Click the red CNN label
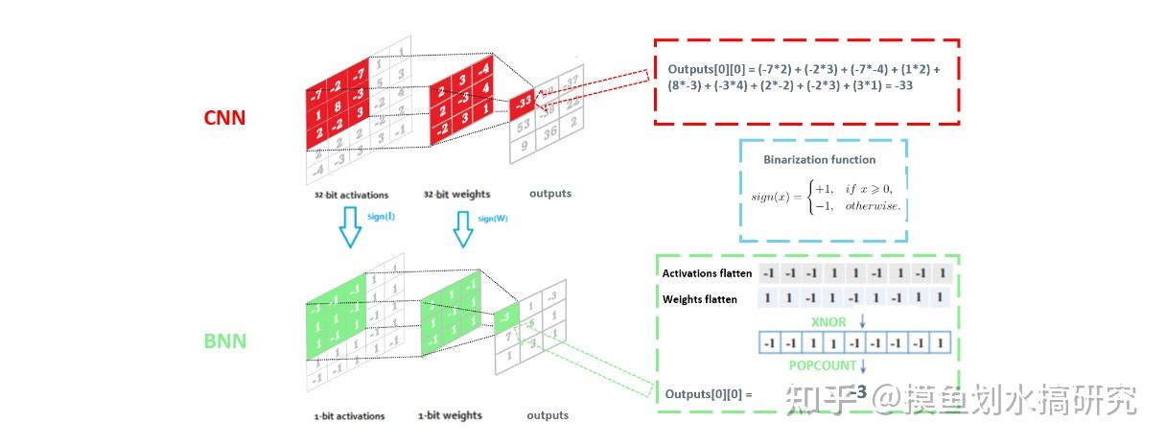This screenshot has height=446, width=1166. click(x=224, y=118)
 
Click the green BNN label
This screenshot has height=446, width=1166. click(x=225, y=340)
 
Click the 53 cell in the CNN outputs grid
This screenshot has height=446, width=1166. click(x=524, y=126)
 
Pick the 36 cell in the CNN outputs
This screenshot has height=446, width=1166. click(x=551, y=135)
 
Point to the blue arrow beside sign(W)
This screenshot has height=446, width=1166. click(x=464, y=228)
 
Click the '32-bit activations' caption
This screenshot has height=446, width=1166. click(x=351, y=195)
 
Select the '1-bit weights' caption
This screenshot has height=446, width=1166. click(x=450, y=415)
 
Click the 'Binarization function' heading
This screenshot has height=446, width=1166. click(x=819, y=159)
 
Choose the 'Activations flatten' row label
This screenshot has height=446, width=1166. click(x=707, y=274)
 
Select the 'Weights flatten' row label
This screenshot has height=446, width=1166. click(x=700, y=299)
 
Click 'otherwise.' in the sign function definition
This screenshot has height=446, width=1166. click(x=873, y=207)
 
